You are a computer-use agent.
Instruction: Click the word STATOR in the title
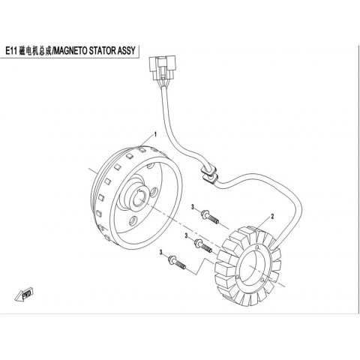tap(98, 51)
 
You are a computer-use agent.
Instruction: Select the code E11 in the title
tap(11, 51)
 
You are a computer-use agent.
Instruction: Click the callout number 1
tap(155, 134)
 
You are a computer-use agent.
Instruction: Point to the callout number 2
tap(272, 216)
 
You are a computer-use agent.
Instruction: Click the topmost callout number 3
tap(193, 207)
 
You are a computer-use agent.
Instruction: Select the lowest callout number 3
tap(161, 253)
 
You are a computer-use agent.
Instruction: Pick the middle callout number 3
tap(186, 235)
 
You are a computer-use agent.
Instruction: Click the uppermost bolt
tap(210, 217)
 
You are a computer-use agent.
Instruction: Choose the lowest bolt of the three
tap(177, 262)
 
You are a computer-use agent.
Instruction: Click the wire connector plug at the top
tap(163, 67)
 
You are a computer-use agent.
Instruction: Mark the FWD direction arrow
tap(25, 294)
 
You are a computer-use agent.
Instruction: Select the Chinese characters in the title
tap(34, 51)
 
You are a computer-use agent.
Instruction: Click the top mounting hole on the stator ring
tap(257, 247)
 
